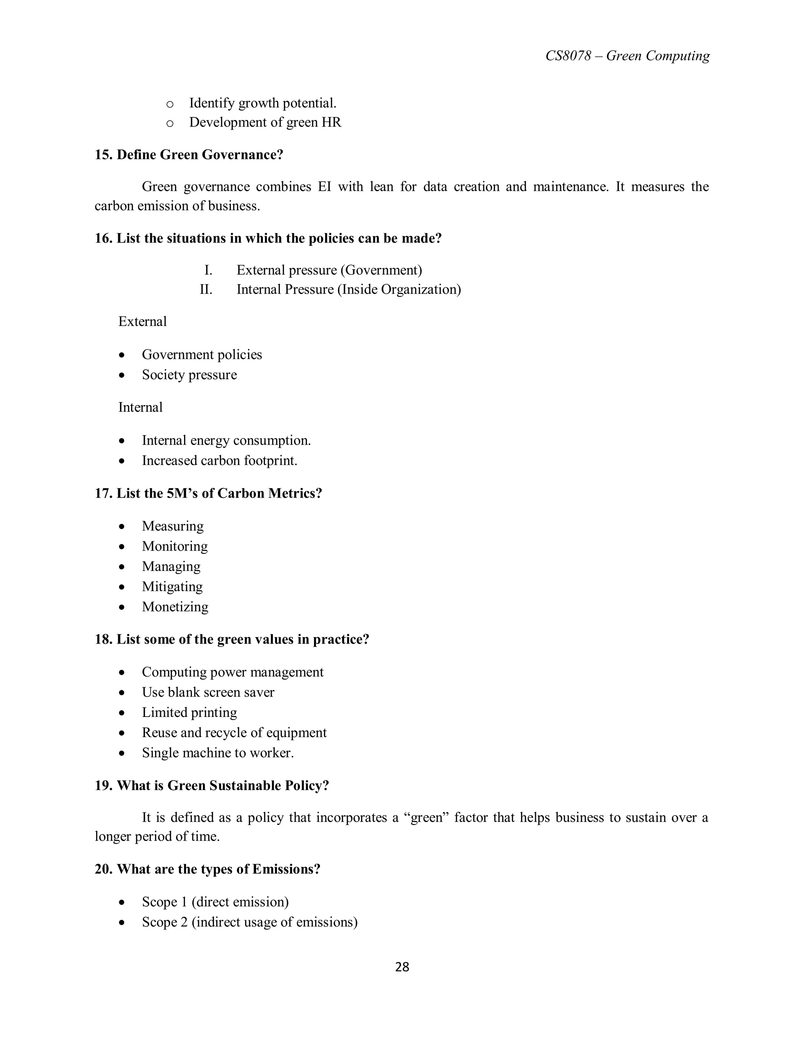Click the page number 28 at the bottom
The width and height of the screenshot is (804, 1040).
pos(402,967)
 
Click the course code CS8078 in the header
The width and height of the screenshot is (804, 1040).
pos(568,56)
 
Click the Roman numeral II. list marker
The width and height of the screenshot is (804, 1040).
pos(206,290)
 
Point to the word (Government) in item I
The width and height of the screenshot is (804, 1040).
pos(384,270)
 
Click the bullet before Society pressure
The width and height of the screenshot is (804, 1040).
pos(122,375)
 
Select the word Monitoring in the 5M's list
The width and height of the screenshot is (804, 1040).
pos(175,546)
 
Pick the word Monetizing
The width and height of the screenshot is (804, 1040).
pos(175,607)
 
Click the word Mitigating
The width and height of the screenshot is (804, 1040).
pos(172,587)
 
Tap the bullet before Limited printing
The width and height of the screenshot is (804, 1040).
pos(122,713)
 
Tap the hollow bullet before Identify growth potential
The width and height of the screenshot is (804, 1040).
pos(170,104)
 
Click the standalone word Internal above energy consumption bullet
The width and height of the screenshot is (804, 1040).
pos(141,408)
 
